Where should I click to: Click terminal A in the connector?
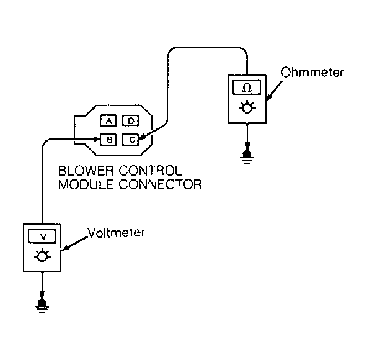[x=108, y=121]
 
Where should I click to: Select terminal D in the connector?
[x=131, y=120]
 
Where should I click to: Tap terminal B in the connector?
[x=108, y=140]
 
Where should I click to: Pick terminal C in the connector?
[x=131, y=140]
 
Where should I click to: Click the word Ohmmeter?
[x=312, y=72]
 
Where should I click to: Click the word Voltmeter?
[x=116, y=233]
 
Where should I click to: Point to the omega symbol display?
[x=247, y=88]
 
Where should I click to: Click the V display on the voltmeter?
[x=42, y=236]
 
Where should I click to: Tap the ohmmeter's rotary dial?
[x=247, y=108]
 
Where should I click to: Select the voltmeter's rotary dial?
[x=42, y=256]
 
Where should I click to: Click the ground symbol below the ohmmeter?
[x=247, y=156]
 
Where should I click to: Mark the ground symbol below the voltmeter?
[x=42, y=305]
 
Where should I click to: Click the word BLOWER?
[x=86, y=171]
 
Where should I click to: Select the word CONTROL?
[x=151, y=171]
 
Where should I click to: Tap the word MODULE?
[x=86, y=184]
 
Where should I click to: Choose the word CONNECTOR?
[x=160, y=184]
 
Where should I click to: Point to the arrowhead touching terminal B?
[x=96, y=139]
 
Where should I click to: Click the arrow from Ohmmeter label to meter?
[x=274, y=91]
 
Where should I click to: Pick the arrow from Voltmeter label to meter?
[x=74, y=244]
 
